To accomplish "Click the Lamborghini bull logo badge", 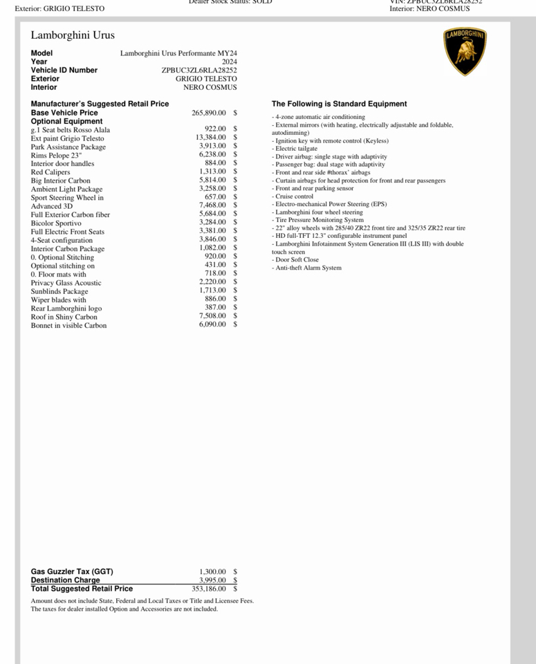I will [x=465, y=52].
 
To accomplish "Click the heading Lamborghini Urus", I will [x=73, y=35].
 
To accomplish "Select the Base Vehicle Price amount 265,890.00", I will [x=208, y=113].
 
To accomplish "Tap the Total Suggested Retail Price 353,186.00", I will [x=208, y=589].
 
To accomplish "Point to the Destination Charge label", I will [x=65, y=580].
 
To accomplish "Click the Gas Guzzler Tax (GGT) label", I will [x=72, y=572].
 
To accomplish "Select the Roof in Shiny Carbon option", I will [x=64, y=317].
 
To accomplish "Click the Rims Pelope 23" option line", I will [x=56, y=155].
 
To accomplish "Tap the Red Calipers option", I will [x=50, y=172].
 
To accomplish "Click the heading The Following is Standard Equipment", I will [x=339, y=104].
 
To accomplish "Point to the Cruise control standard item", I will [x=294, y=196].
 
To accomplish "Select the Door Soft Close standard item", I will [x=297, y=260].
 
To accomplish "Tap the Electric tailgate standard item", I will [x=296, y=149].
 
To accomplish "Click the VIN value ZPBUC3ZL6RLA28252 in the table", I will [x=199, y=70].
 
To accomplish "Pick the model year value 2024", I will [x=229, y=62].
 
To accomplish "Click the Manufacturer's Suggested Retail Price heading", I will [x=100, y=104].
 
